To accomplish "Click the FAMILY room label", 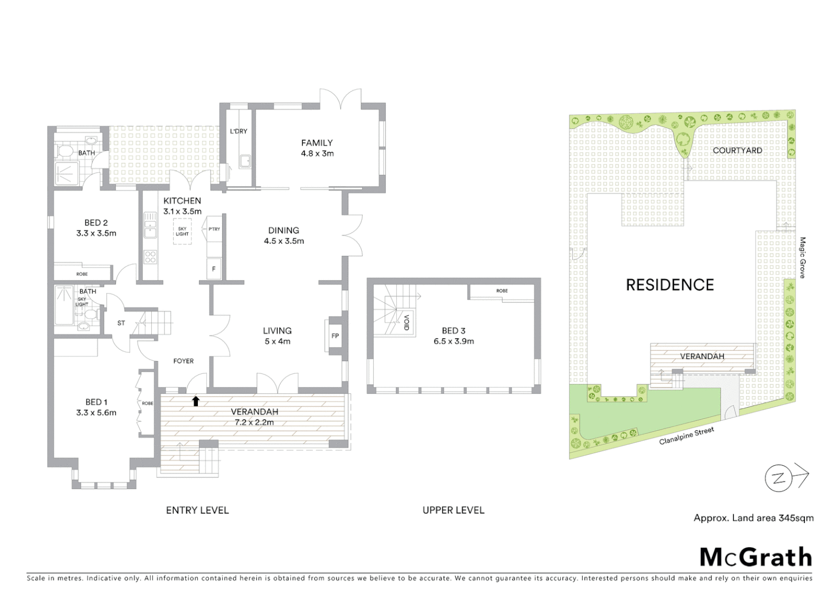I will [317, 143].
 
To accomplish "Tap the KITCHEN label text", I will [182, 201].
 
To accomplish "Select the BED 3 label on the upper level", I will [454, 331].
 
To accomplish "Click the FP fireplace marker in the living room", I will [335, 335].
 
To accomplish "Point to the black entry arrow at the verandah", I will [196, 401].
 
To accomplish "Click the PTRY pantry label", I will [214, 229].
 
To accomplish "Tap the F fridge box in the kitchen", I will [214, 269].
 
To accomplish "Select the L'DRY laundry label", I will [239, 131].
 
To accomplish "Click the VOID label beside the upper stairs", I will [407, 322].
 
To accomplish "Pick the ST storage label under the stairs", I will [121, 323].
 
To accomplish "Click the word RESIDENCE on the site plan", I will [670, 285].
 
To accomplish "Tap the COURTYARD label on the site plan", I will [737, 150].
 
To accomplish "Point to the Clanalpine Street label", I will [687, 436].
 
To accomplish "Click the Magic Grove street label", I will [802, 257].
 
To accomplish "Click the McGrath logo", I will [755, 557].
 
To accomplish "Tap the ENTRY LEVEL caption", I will [197, 510].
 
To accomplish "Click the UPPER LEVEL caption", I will [454, 510].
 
